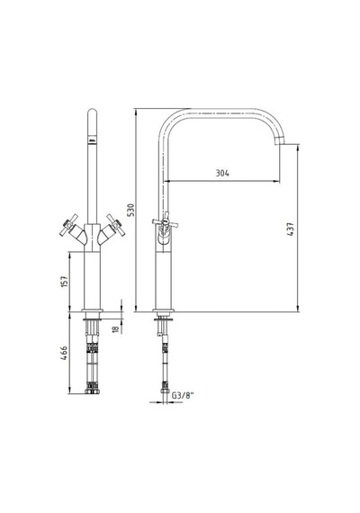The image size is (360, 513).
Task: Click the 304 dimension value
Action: click(x=222, y=173)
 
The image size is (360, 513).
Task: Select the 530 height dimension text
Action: click(x=130, y=210)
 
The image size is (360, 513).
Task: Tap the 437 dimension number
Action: click(x=291, y=229)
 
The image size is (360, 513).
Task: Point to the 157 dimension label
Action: click(x=65, y=282)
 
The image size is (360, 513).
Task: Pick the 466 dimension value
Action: click(x=65, y=354)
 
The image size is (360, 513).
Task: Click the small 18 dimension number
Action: click(x=116, y=329)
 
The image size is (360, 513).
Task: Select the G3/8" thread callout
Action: click(x=183, y=395)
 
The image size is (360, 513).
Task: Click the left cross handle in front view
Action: click(x=68, y=224)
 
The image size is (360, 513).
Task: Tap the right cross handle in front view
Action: click(x=115, y=224)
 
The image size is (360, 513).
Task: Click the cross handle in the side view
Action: click(x=165, y=222)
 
